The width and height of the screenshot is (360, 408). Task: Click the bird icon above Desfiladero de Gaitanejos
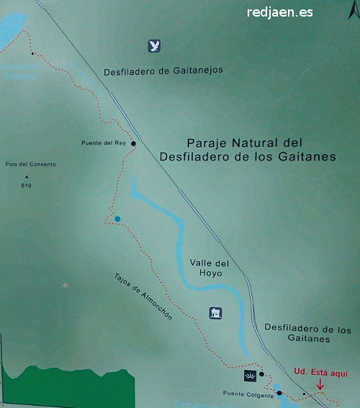tap(153, 46)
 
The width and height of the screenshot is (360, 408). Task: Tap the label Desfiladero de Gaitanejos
tap(163, 70)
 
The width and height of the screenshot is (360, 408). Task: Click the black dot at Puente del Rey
tap(133, 143)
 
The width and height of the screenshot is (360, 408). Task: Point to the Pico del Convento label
tap(30, 165)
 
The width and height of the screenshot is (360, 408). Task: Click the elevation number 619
tap(27, 186)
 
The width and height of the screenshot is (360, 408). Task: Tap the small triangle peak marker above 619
tap(27, 177)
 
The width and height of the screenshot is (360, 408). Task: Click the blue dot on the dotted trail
tap(117, 219)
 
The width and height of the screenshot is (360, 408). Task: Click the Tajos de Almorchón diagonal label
tap(143, 296)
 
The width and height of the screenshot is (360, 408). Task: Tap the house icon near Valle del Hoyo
tap(215, 312)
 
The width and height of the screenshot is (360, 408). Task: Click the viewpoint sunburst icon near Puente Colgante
tap(249, 376)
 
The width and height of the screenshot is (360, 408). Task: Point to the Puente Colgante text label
tap(248, 394)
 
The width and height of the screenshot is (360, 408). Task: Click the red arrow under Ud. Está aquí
tap(320, 385)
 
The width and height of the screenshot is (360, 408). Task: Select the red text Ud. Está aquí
tap(320, 372)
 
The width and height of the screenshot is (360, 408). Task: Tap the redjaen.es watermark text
tap(279, 12)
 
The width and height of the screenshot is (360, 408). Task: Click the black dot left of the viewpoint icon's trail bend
tap(262, 374)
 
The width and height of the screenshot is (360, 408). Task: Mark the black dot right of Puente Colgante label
tap(279, 393)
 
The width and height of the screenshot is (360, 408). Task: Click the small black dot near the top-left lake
tap(32, 53)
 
